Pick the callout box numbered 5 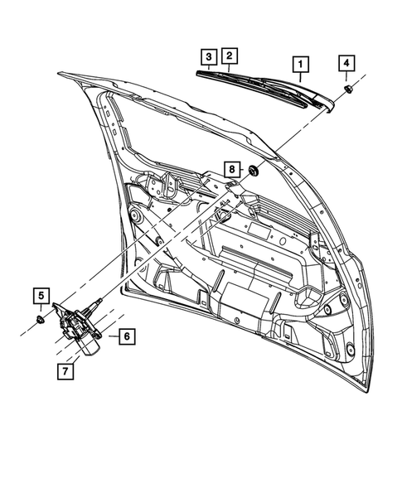point(41,294)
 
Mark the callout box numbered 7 point(64,370)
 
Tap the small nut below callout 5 point(41,319)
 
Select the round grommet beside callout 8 point(253,172)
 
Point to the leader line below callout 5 point(41,307)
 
